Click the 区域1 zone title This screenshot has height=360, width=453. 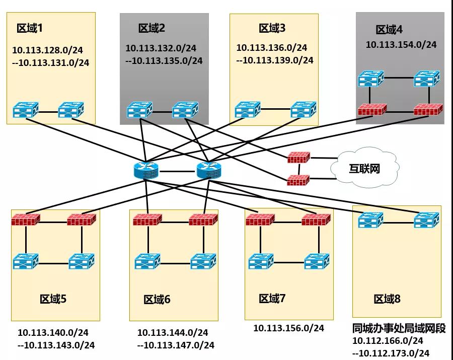coord(30,28)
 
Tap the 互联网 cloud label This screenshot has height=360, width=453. coord(364,169)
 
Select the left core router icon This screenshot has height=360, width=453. coord(146,171)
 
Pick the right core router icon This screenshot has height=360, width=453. coord(209,171)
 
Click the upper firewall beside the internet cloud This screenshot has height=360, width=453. coord(298,158)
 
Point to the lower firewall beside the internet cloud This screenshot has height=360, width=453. coord(298,180)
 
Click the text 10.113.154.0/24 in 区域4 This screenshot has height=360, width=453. coord(401,44)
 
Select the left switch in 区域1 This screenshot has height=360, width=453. coord(26,110)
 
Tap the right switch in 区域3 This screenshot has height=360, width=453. coord(304,109)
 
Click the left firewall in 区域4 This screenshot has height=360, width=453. coord(372,109)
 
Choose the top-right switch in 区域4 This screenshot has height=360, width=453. coord(427,79)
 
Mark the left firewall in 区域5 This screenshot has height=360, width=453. coord(26,220)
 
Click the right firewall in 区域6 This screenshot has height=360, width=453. coord(203,220)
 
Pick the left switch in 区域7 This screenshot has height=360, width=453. coord(261,261)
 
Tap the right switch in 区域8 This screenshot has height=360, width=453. coord(427,220)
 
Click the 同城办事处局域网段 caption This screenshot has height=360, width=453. coord(399,328)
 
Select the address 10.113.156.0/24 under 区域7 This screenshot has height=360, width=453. coord(288,328)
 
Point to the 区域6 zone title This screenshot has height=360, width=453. coord(157,300)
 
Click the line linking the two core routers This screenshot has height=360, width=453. coord(177,171)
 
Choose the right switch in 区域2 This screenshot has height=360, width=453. coord(185,110)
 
